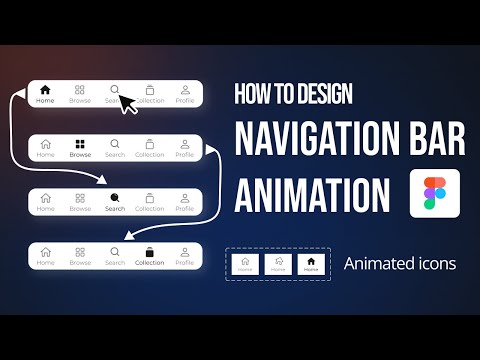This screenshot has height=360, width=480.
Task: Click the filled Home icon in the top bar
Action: [45, 90]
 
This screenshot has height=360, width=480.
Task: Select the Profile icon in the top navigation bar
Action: [185, 90]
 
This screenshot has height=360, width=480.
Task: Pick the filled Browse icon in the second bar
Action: [80, 144]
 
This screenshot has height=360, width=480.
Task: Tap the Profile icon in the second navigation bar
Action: [185, 144]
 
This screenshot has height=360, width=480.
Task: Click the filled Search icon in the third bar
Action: [115, 198]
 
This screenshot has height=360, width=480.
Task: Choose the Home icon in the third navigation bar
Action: [45, 198]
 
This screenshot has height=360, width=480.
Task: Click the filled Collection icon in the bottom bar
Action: [150, 252]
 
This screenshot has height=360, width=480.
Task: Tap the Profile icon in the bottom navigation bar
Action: [185, 252]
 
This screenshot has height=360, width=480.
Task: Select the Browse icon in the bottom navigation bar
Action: [80, 252]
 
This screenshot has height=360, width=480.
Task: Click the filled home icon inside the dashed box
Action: [311, 262]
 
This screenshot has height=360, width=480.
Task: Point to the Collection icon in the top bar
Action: [150, 90]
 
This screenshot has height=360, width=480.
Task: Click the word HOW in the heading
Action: [252, 94]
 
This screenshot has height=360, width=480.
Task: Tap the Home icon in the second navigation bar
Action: [45, 144]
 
